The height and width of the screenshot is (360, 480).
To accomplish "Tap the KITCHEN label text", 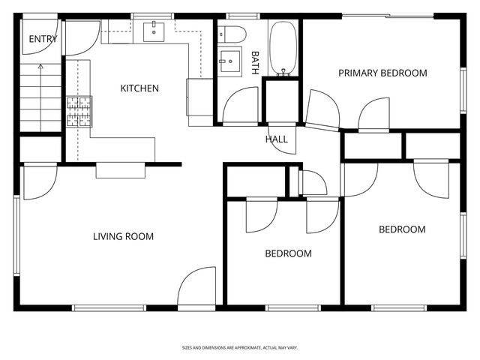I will point(139,88).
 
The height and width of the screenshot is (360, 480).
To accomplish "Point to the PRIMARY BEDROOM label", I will point(382,73).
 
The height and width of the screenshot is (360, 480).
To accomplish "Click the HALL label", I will point(276,139).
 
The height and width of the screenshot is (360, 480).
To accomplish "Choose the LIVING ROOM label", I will point(123,236).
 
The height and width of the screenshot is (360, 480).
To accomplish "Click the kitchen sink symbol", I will point(154,31).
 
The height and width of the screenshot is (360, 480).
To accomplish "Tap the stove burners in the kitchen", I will point(79,111).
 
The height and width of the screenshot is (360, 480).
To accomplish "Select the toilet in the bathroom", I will point(232,34).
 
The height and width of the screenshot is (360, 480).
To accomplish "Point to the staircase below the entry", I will point(33,97).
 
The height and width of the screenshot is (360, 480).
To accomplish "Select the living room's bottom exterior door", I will point(197,289).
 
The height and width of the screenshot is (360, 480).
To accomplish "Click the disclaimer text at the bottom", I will point(240,348).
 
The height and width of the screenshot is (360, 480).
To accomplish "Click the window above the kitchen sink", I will point(152,16).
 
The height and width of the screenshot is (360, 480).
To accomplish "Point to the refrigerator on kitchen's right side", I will point(199,101).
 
